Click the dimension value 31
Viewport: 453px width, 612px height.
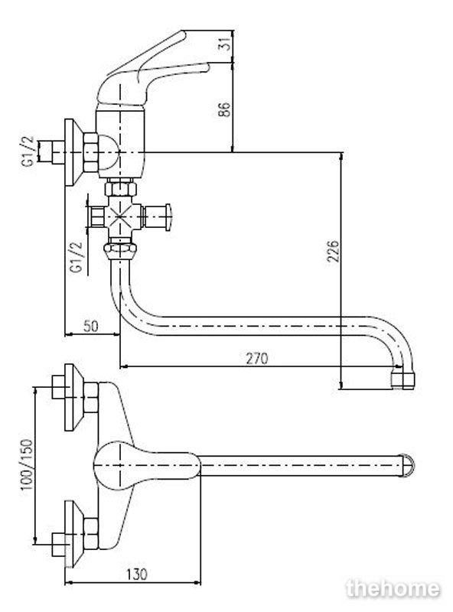225,45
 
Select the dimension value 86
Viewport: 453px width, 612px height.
224,109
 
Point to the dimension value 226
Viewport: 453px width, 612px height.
333,252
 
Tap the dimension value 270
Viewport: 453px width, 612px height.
257,358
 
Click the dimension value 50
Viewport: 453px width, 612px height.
90,326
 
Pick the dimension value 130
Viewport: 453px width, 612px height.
137,575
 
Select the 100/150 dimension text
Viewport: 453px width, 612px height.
28,465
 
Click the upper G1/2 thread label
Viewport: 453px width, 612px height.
28,152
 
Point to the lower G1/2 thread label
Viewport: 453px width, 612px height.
77,257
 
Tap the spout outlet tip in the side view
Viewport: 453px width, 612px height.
403,379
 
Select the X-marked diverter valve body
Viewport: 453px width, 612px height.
121,216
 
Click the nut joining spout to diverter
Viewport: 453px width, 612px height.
120,248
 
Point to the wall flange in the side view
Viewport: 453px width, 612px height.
73,152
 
